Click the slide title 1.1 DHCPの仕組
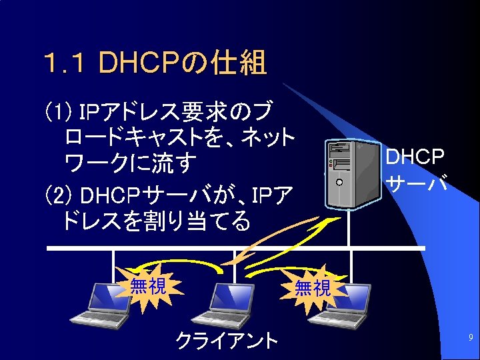click(x=155, y=64)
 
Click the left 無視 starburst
click(x=147, y=287)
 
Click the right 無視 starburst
click(x=313, y=288)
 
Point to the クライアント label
click(x=227, y=341)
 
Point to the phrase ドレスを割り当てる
click(x=156, y=220)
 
